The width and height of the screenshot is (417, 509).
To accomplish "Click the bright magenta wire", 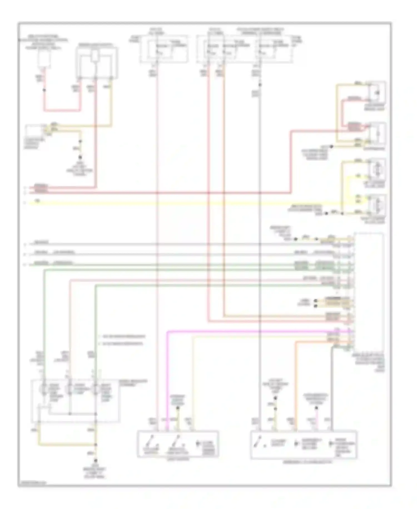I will click(250, 332).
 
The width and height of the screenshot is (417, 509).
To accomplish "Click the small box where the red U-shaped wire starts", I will click(44, 59).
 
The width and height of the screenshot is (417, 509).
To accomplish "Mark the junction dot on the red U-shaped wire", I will click(44, 90).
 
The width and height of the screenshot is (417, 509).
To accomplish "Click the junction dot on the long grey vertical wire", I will click(260, 85).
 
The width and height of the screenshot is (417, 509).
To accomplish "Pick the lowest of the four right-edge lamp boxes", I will click(377, 205).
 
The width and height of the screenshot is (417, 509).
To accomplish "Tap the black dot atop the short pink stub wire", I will click(316, 408).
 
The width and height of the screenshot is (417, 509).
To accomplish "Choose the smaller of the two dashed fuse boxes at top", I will click(163, 48).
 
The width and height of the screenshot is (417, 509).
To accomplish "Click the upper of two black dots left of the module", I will click(316, 301).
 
